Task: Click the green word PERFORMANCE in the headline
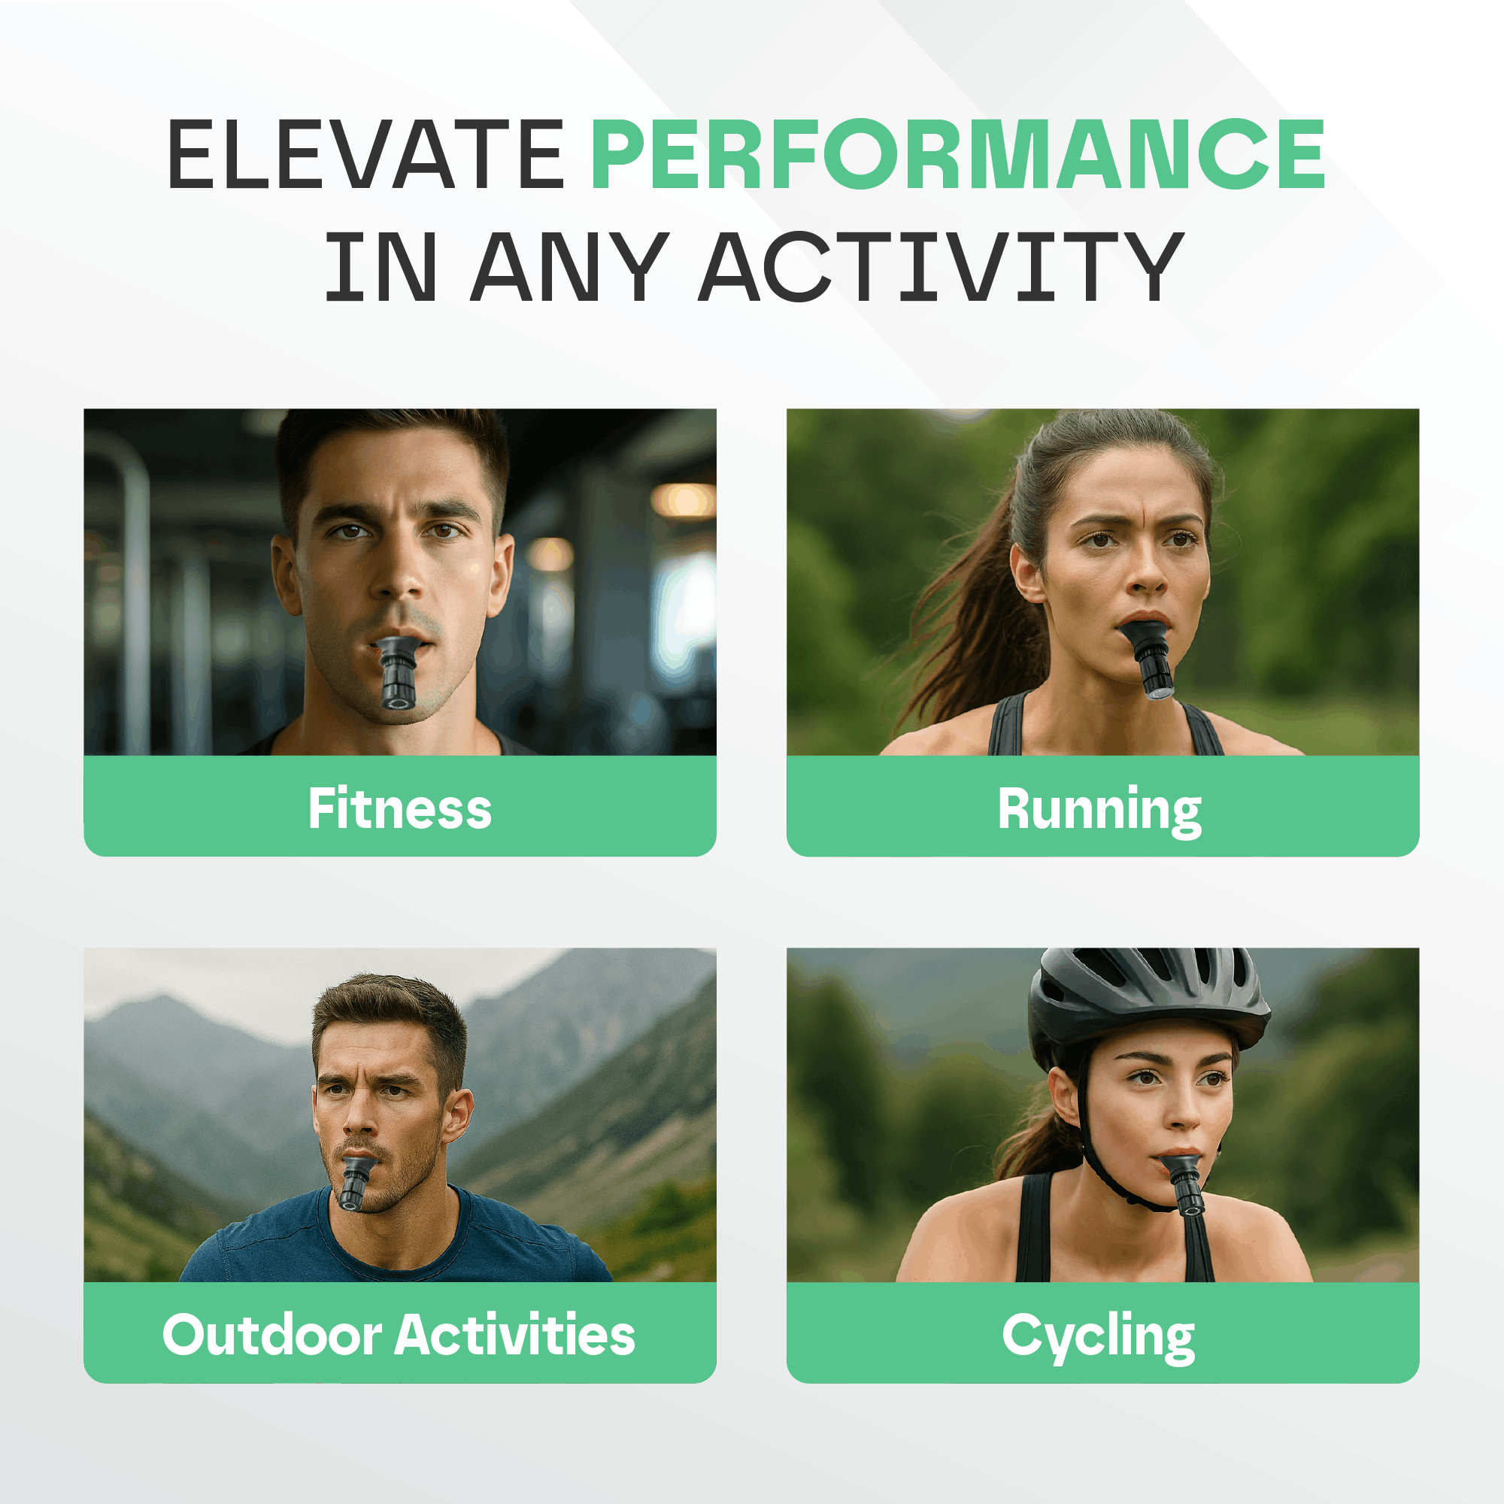(x=957, y=154)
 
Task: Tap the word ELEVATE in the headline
(x=365, y=154)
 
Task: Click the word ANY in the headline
(x=569, y=266)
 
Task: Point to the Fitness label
(x=399, y=809)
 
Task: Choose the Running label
(x=1099, y=811)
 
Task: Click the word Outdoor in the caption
(x=271, y=1334)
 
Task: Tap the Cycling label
(x=1098, y=1336)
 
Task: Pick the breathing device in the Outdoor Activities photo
(x=354, y=1182)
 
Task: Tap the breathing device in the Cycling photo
(x=1186, y=1184)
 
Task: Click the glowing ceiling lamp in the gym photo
(x=683, y=501)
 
